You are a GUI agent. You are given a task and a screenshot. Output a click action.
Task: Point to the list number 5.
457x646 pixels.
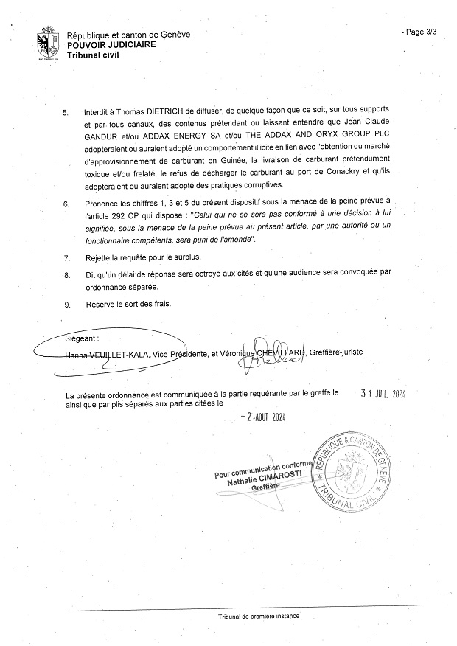[x=66, y=113]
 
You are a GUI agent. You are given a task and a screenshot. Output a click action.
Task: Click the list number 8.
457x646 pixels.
[x=66, y=274]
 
